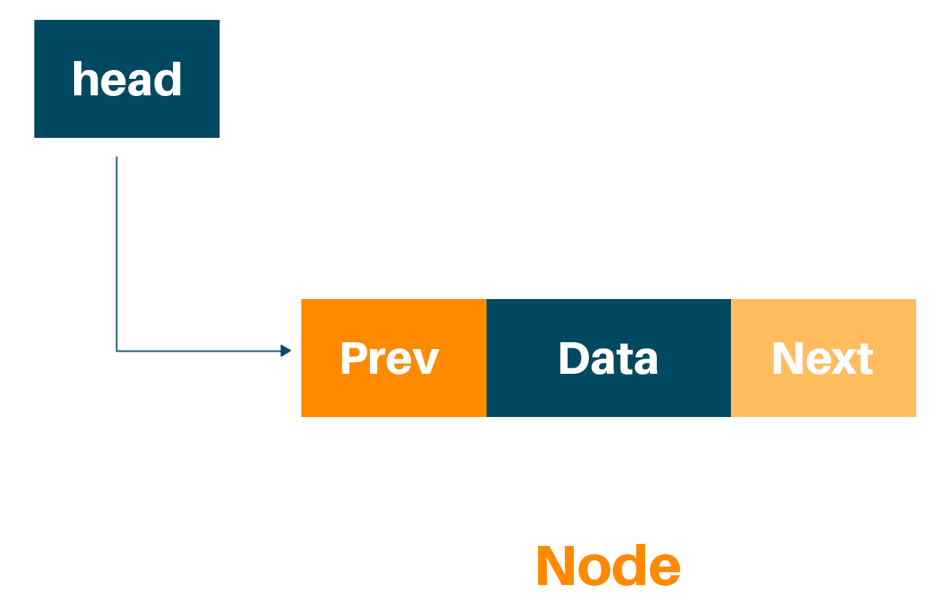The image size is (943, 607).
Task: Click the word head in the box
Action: coord(127,80)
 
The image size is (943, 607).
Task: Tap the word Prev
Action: coord(389,358)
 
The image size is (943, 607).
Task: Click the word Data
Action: coord(608,358)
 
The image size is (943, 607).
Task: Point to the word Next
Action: coord(822,358)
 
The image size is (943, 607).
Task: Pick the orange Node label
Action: coord(608,567)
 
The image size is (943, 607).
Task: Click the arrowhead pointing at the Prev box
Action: coord(286,351)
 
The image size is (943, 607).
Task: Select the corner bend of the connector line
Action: coord(117,351)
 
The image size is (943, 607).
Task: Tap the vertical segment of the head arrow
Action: coord(117,254)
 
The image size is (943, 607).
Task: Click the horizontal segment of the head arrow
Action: coord(199,351)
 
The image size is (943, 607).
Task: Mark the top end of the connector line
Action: coord(117,158)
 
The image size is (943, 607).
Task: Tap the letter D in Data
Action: coord(574,358)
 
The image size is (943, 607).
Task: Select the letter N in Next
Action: coord(787,358)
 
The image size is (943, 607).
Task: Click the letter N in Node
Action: coord(555,567)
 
